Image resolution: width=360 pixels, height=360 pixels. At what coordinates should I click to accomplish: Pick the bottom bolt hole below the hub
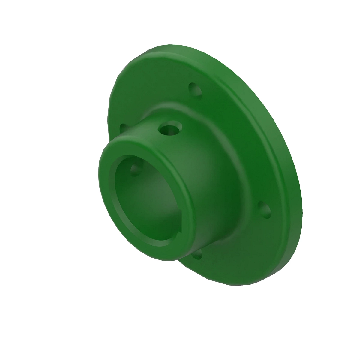tap(197, 254)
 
